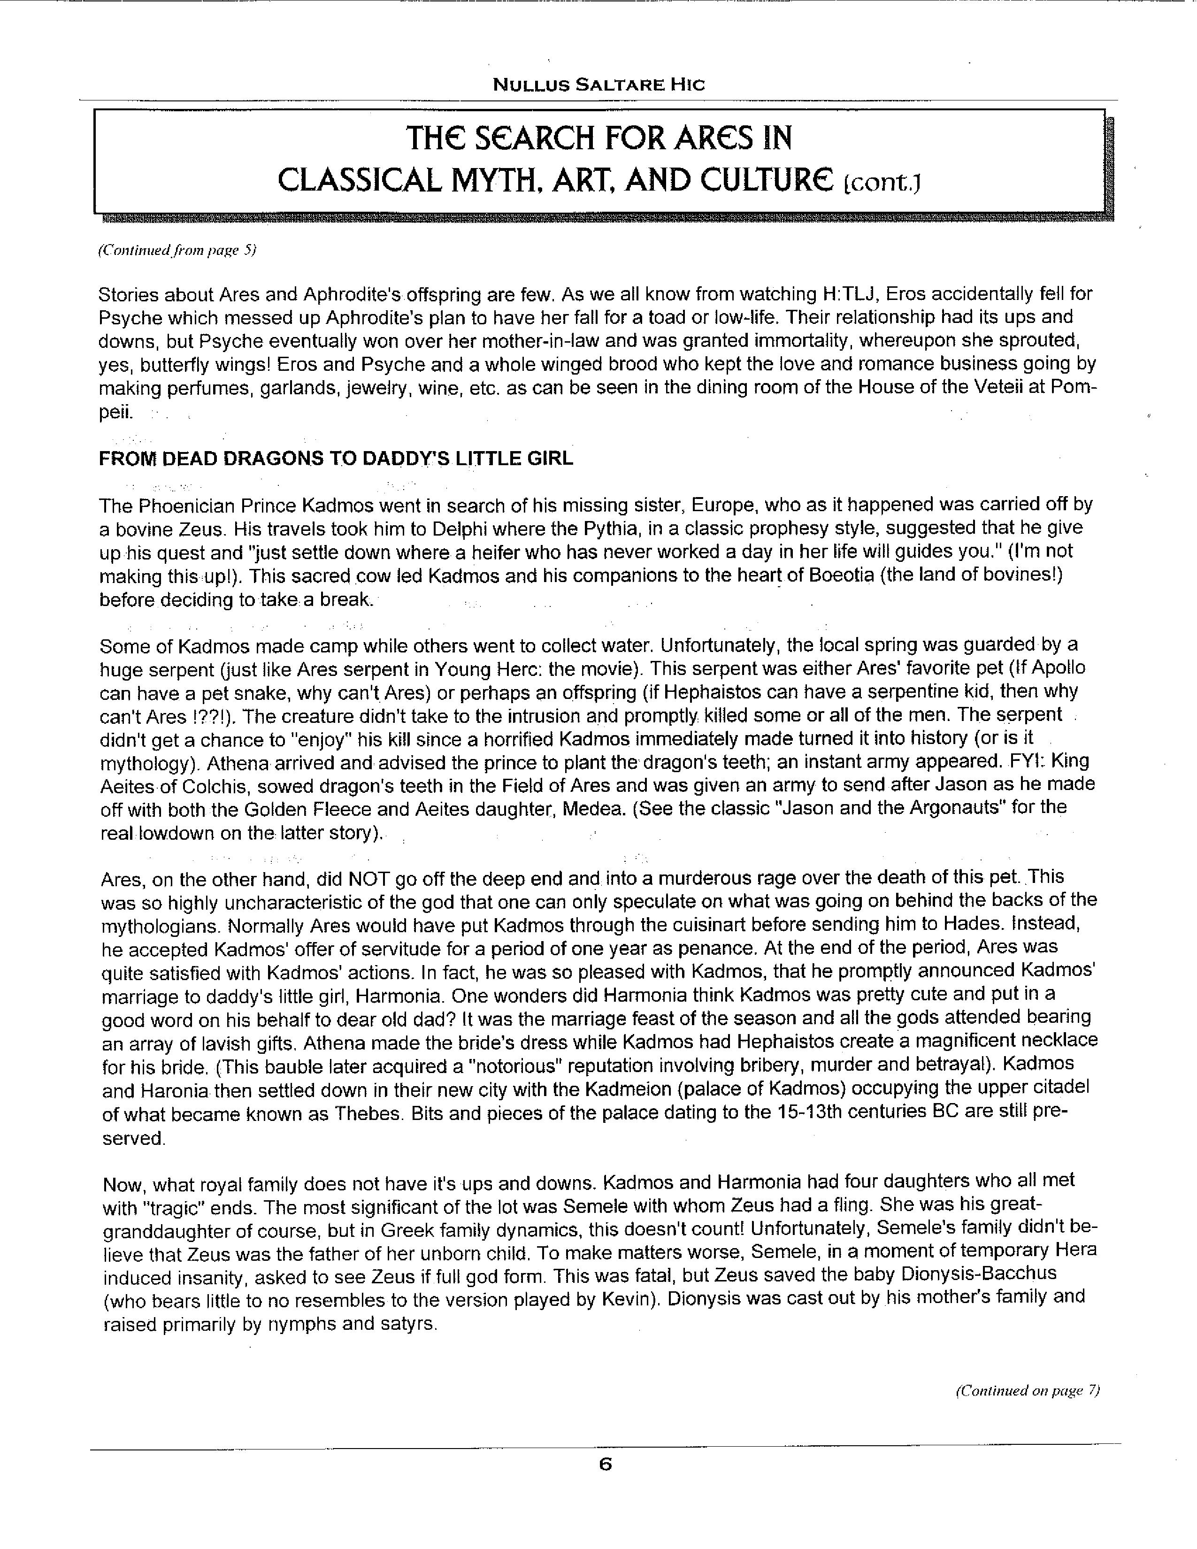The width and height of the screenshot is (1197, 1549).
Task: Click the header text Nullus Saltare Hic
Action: click(598, 85)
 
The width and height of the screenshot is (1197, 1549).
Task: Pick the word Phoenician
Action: click(185, 505)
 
